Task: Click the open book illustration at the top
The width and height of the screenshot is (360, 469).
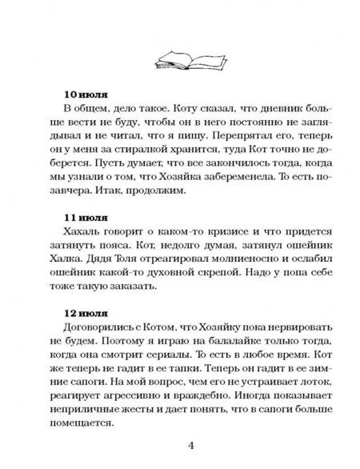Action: (x=182, y=57)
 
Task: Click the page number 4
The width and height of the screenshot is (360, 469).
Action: (x=182, y=446)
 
